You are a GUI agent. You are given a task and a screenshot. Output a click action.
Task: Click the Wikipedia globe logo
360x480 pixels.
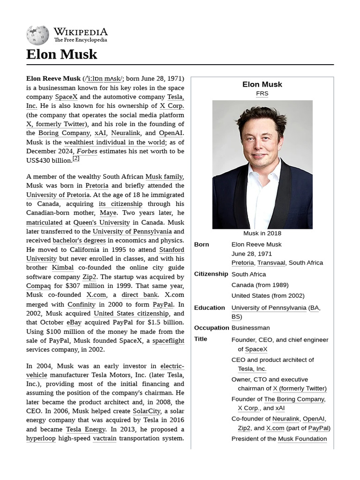pos(37,35)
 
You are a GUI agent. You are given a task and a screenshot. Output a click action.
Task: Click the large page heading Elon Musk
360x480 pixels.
pos(62,54)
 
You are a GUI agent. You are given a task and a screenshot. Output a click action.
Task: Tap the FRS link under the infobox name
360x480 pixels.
pos(262,93)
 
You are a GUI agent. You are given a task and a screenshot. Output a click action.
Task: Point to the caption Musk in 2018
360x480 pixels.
pos(262,233)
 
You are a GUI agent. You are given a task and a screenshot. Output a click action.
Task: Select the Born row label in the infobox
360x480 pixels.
pos(202,245)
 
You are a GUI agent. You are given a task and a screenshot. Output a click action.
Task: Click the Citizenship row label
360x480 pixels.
pos(211,274)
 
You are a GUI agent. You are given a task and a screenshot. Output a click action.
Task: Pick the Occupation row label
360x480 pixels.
pos(211,328)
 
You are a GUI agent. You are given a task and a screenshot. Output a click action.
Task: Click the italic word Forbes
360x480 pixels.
pos(87,151)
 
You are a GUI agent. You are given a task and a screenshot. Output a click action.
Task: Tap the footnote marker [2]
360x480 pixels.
pos(76,158)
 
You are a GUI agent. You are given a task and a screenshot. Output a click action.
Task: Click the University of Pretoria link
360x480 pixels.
pos(58,195)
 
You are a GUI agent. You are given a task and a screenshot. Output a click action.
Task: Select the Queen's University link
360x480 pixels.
pos(101,223)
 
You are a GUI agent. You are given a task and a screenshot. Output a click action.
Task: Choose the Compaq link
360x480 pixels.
pos(38,286)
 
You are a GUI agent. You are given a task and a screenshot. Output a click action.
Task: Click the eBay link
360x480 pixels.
pos(74,322)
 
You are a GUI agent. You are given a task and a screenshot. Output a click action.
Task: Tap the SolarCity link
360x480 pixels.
pos(146,411)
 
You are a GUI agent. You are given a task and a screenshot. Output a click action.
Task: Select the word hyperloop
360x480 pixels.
pos(41,438)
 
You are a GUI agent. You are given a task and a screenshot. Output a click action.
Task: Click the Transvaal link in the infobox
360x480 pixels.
pos(271,263)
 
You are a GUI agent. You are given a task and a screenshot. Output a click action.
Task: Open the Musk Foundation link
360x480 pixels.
pos(302,439)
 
